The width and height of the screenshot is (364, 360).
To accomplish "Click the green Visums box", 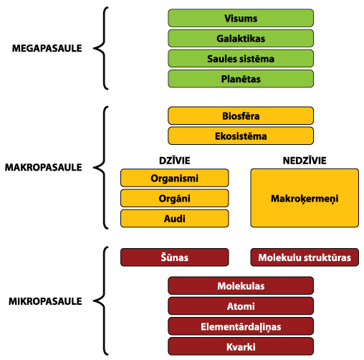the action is coord(241,18).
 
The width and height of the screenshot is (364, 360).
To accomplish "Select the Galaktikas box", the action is coord(241,38).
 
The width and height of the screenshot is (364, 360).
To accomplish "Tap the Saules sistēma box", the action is coord(241,59).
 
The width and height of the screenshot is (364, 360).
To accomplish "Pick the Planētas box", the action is coord(241,79).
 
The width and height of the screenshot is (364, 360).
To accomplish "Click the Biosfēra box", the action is coord(241,115).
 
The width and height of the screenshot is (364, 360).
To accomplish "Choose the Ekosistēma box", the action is coord(241,136).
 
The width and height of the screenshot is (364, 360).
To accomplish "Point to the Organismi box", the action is coord(175,178).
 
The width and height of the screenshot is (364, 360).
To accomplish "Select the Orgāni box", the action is coord(175,198).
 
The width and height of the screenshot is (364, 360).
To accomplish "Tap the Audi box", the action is coord(175,218).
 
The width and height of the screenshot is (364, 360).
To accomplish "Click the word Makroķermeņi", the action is coord(305,199).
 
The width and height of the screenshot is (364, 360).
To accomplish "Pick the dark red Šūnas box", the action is coord(175,257).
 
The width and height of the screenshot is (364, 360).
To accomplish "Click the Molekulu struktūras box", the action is coord(305,257).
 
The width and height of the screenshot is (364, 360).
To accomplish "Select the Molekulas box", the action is coord(241,285).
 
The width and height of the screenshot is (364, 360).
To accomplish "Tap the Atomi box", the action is coord(241,306).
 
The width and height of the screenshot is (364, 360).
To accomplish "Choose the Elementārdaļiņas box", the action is coord(241,326).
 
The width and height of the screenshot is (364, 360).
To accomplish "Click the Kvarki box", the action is coord(241,346).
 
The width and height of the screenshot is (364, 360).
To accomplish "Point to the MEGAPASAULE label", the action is coord(47,48).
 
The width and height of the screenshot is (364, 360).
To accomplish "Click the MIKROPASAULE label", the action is coord(45,301).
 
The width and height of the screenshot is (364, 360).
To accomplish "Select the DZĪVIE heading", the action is coord(175,160).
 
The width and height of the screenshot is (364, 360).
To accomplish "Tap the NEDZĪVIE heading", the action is coord(305,160).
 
